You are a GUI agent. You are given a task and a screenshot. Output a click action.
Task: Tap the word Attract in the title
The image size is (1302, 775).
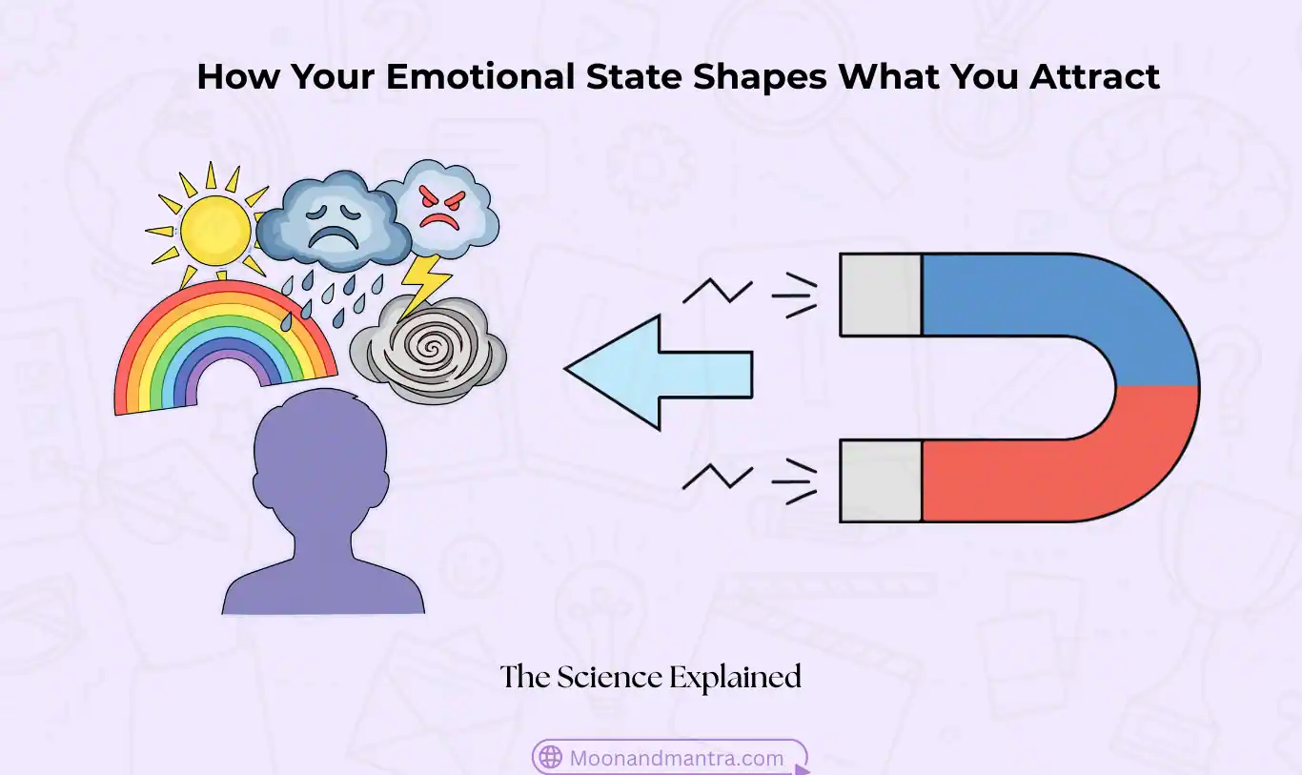[x=1094, y=76]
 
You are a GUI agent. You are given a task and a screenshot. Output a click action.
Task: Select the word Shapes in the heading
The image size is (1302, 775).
[x=760, y=76]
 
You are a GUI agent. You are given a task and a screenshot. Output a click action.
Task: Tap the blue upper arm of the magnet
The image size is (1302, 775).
[x=1048, y=296]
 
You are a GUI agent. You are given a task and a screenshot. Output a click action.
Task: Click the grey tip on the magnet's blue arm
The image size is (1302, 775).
[x=881, y=295]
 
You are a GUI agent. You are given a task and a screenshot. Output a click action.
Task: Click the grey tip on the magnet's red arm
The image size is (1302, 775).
[x=881, y=480]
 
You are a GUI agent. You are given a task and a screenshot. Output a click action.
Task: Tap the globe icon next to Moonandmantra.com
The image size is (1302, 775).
[x=551, y=758]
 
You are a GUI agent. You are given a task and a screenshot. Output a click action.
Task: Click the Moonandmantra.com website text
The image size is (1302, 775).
[x=676, y=759]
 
